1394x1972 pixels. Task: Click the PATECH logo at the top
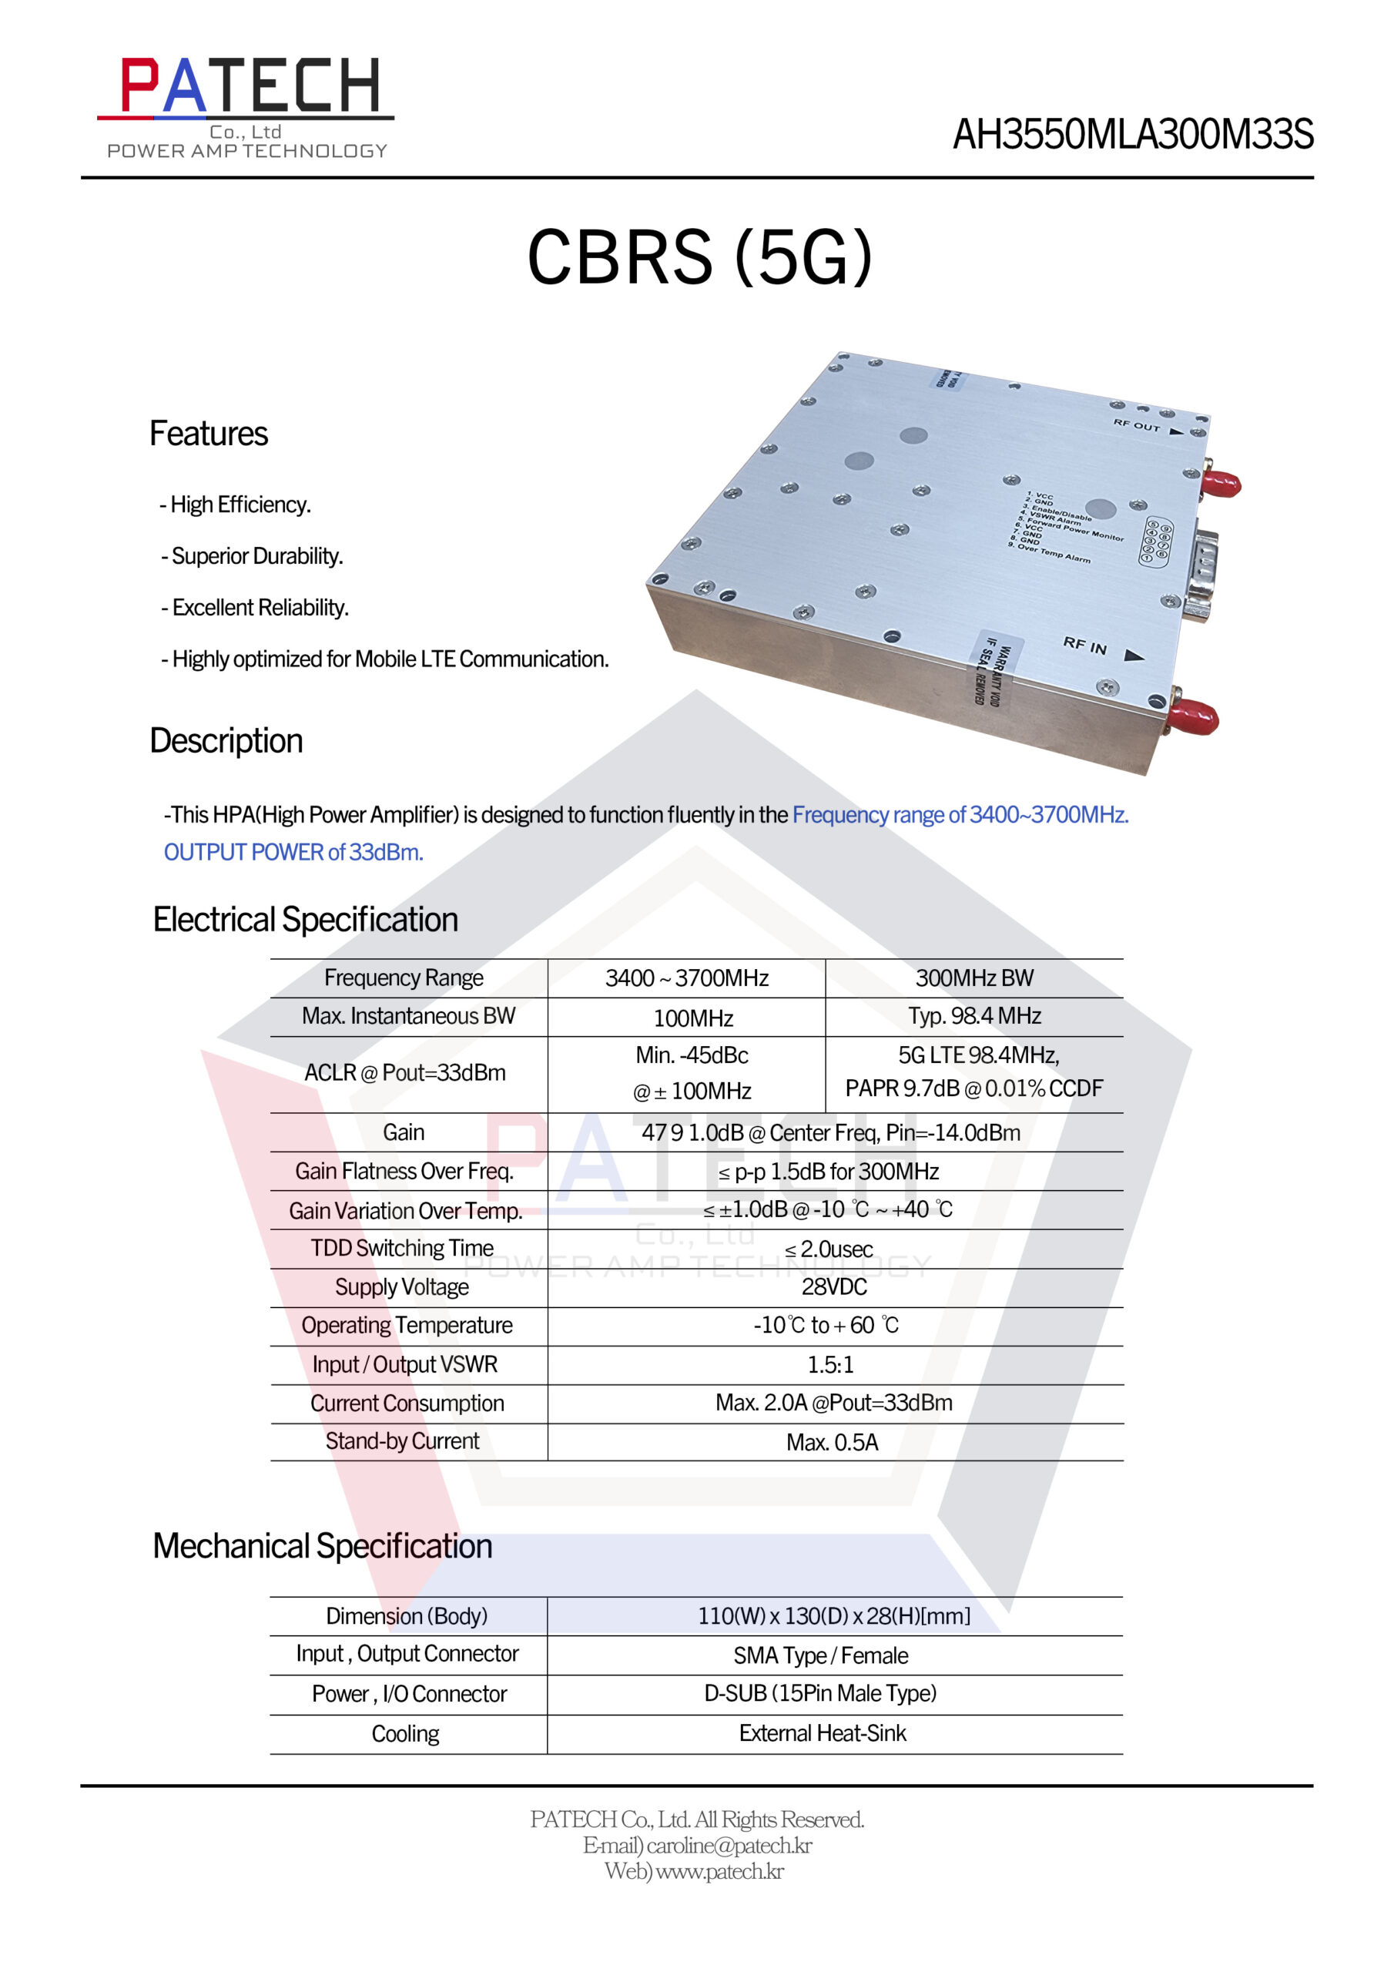[x=247, y=106]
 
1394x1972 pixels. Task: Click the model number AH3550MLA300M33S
[x=1132, y=135]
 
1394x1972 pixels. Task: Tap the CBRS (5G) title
[x=699, y=257]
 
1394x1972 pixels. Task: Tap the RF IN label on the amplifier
[x=1085, y=645]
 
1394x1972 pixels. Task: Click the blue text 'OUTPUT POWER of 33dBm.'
[x=293, y=852]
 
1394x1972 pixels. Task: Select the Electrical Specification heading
[x=305, y=919]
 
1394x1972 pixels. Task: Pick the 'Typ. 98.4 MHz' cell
[x=974, y=1016]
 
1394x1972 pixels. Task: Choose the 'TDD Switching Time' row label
[x=402, y=1248]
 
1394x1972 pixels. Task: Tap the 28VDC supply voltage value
[x=833, y=1286]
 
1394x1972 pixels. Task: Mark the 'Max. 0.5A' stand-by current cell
[x=832, y=1442]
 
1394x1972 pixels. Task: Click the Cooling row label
[x=405, y=1734]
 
